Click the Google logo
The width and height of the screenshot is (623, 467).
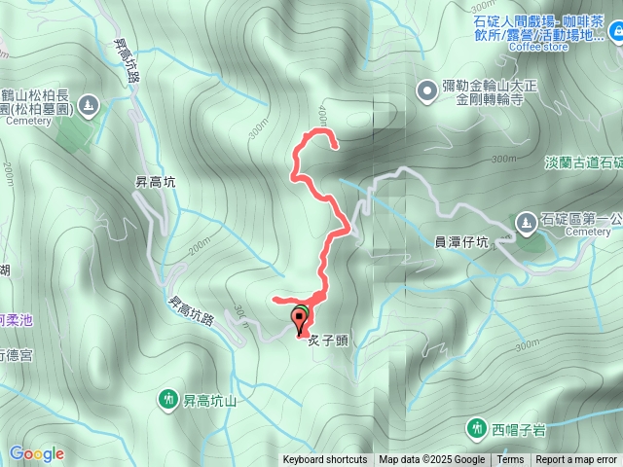pyautogui.click(x=36, y=453)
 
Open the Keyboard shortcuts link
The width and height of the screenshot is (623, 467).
pyautogui.click(x=325, y=460)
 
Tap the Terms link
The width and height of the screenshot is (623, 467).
pyautogui.click(x=510, y=460)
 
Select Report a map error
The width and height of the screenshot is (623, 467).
pyautogui.click(x=576, y=460)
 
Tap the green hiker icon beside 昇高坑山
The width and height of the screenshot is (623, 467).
pyautogui.click(x=166, y=399)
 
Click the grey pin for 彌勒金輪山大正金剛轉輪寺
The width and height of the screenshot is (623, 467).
pyautogui.click(x=426, y=92)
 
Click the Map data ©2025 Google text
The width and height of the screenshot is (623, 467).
pyautogui.click(x=431, y=460)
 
